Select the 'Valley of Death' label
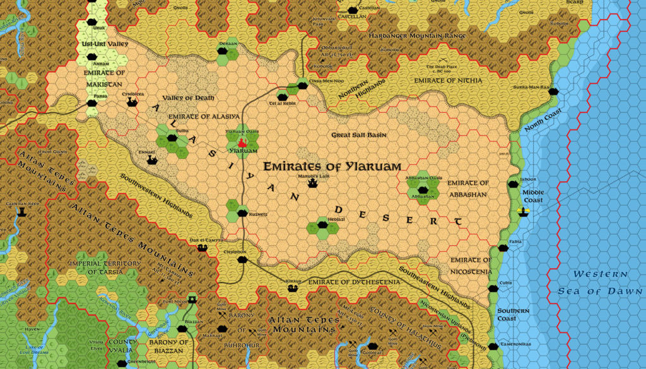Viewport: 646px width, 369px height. click(189, 98)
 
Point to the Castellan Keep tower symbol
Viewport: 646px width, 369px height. click(22, 211)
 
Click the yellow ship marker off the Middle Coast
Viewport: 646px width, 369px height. click(522, 211)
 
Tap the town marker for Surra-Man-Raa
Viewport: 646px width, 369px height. click(555, 91)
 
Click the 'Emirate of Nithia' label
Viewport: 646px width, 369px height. click(447, 81)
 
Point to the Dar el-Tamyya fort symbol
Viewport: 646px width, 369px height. click(203, 248)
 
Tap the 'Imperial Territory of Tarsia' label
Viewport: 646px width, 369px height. click(105, 267)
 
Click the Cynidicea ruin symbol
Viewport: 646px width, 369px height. click(132, 102)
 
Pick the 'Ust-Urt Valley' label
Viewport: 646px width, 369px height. click(105, 44)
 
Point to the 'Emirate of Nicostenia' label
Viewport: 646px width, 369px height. click(470, 266)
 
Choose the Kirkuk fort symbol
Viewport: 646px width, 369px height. click(293, 288)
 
